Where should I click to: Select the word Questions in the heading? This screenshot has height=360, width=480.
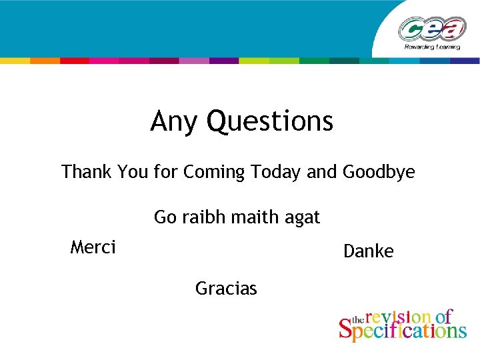[x=270, y=122]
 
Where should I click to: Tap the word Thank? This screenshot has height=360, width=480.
[x=87, y=172]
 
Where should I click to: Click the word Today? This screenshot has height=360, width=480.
[x=276, y=172]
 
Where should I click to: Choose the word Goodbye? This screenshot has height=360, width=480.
[x=379, y=172]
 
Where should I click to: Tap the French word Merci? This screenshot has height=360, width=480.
[x=93, y=248]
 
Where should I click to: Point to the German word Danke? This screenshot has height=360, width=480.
[x=368, y=251]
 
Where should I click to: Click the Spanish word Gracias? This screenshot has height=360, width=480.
[x=226, y=289]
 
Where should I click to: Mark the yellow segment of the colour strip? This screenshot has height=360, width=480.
[x=15, y=61]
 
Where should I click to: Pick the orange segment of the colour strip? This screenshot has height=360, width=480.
[x=45, y=61]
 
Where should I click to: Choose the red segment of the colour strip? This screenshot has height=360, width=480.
[x=75, y=61]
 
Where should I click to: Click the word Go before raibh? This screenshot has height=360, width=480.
[x=164, y=217]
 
